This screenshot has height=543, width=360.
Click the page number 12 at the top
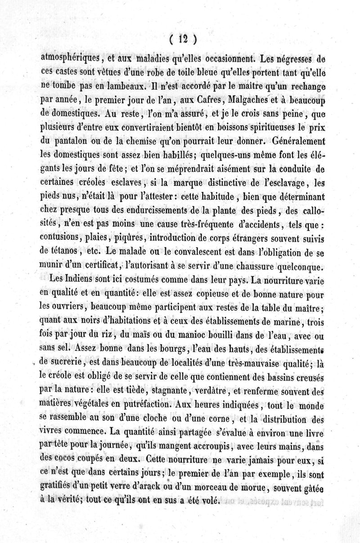point(182,40)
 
